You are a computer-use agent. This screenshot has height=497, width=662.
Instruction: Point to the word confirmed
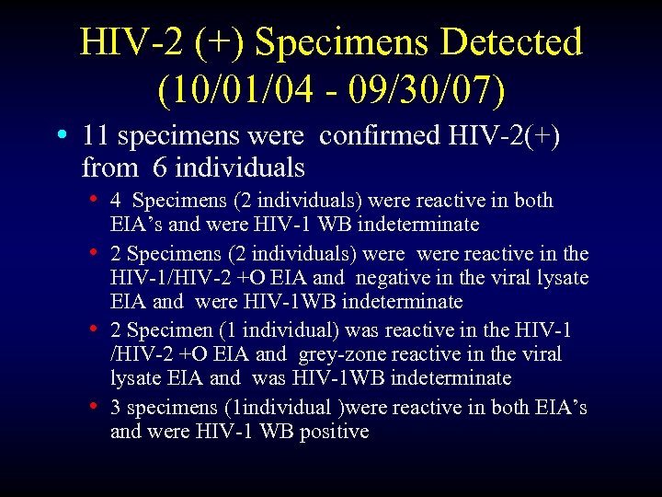pos(379,136)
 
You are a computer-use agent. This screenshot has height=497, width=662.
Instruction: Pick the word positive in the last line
pos(331,432)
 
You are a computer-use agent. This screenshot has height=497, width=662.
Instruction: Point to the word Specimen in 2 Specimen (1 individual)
pos(160,329)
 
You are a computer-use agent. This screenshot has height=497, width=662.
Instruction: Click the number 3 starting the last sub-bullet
pos(116,408)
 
